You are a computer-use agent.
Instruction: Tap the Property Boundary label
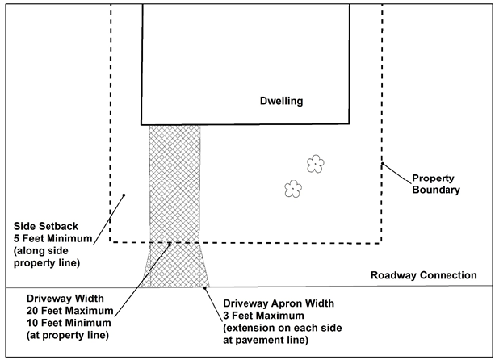(x=435, y=184)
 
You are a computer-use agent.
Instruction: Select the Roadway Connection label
(x=423, y=275)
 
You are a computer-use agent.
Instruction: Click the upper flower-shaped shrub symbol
(x=315, y=165)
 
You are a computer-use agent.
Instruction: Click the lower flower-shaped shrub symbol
(x=292, y=189)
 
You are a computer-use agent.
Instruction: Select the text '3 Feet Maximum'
(x=263, y=316)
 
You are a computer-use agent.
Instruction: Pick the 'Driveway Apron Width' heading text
(x=279, y=303)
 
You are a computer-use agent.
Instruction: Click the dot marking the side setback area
(x=124, y=195)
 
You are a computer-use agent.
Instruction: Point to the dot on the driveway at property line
(x=169, y=242)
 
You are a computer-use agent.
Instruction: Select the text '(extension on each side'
(x=278, y=328)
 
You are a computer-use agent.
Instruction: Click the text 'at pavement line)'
(x=263, y=340)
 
